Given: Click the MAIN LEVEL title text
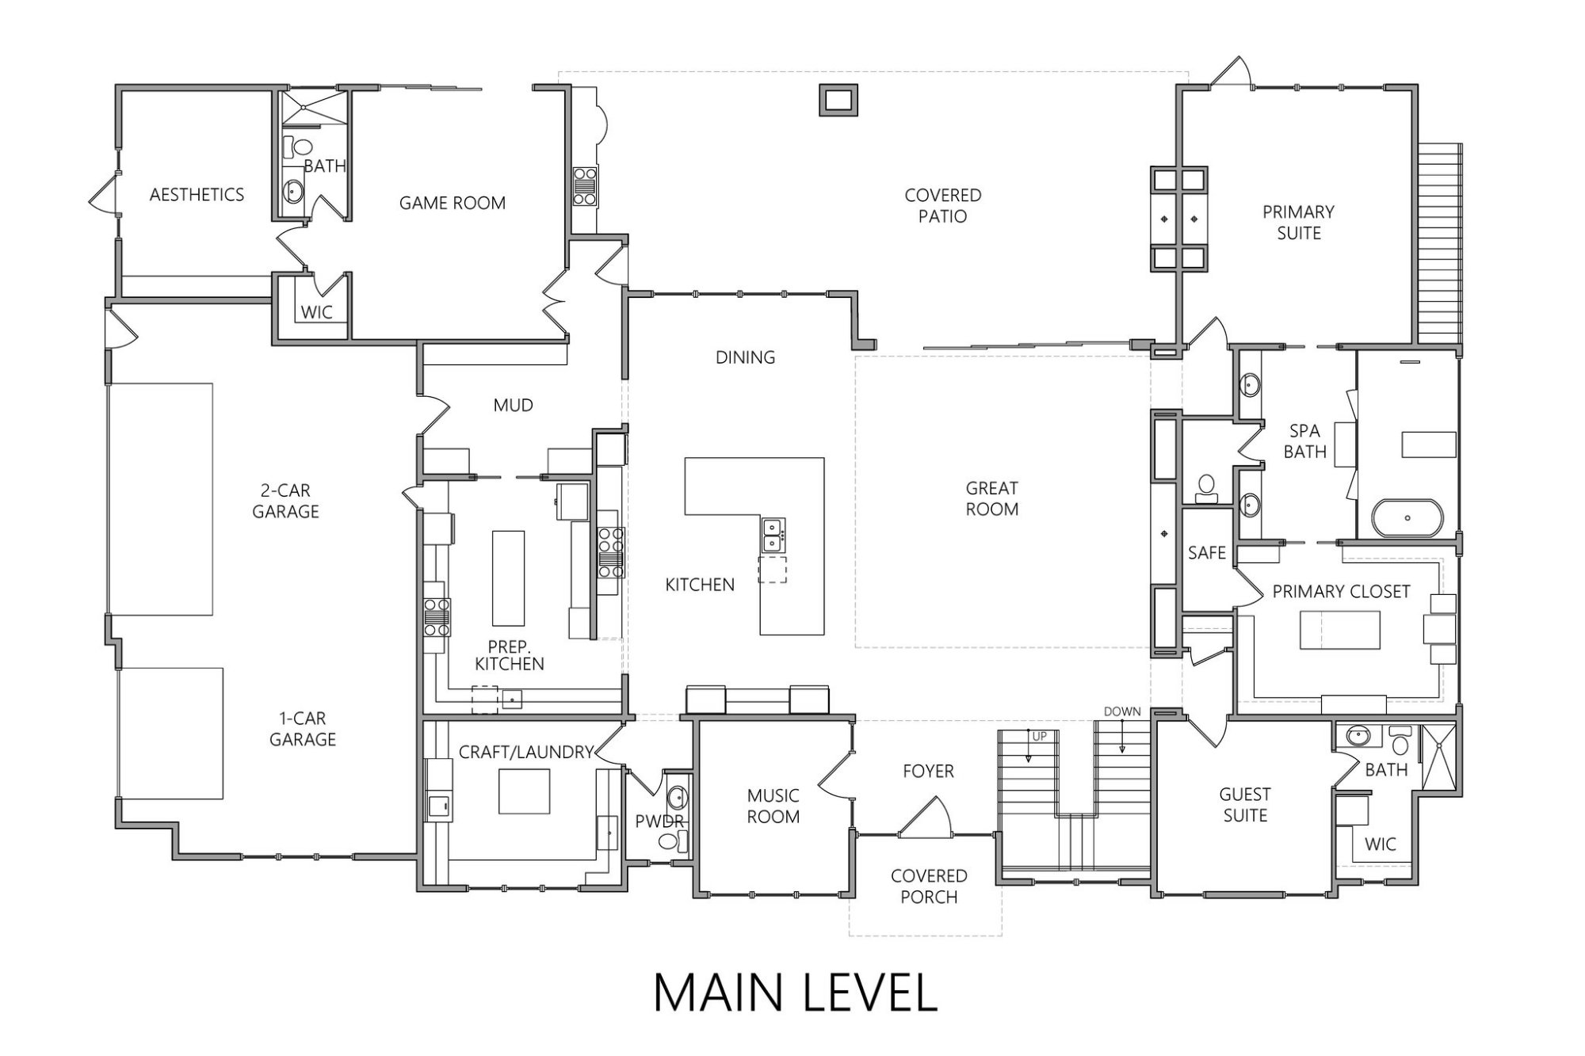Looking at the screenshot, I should [795, 993].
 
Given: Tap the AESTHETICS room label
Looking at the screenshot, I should [197, 195].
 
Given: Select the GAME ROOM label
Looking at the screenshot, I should [452, 204].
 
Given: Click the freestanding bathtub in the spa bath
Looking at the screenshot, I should [1407, 518].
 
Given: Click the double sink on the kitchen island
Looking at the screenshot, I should [773, 535].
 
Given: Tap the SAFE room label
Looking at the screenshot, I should [1206, 554].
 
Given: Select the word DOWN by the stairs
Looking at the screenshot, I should [1122, 711].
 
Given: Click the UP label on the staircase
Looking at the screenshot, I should [1039, 736].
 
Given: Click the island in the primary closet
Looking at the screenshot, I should [1339, 630].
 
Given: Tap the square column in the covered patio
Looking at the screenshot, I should [838, 101].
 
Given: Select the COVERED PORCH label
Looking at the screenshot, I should [928, 886].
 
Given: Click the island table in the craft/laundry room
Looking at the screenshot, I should [524, 791].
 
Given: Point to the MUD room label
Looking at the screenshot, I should [513, 406].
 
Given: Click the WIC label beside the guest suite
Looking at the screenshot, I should [1380, 844].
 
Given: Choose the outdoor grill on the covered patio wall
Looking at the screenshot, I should [585, 186].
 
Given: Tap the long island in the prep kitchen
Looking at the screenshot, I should [508, 578].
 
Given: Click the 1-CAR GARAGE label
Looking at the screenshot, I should [302, 729].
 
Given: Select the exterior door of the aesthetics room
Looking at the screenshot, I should [101, 195].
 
